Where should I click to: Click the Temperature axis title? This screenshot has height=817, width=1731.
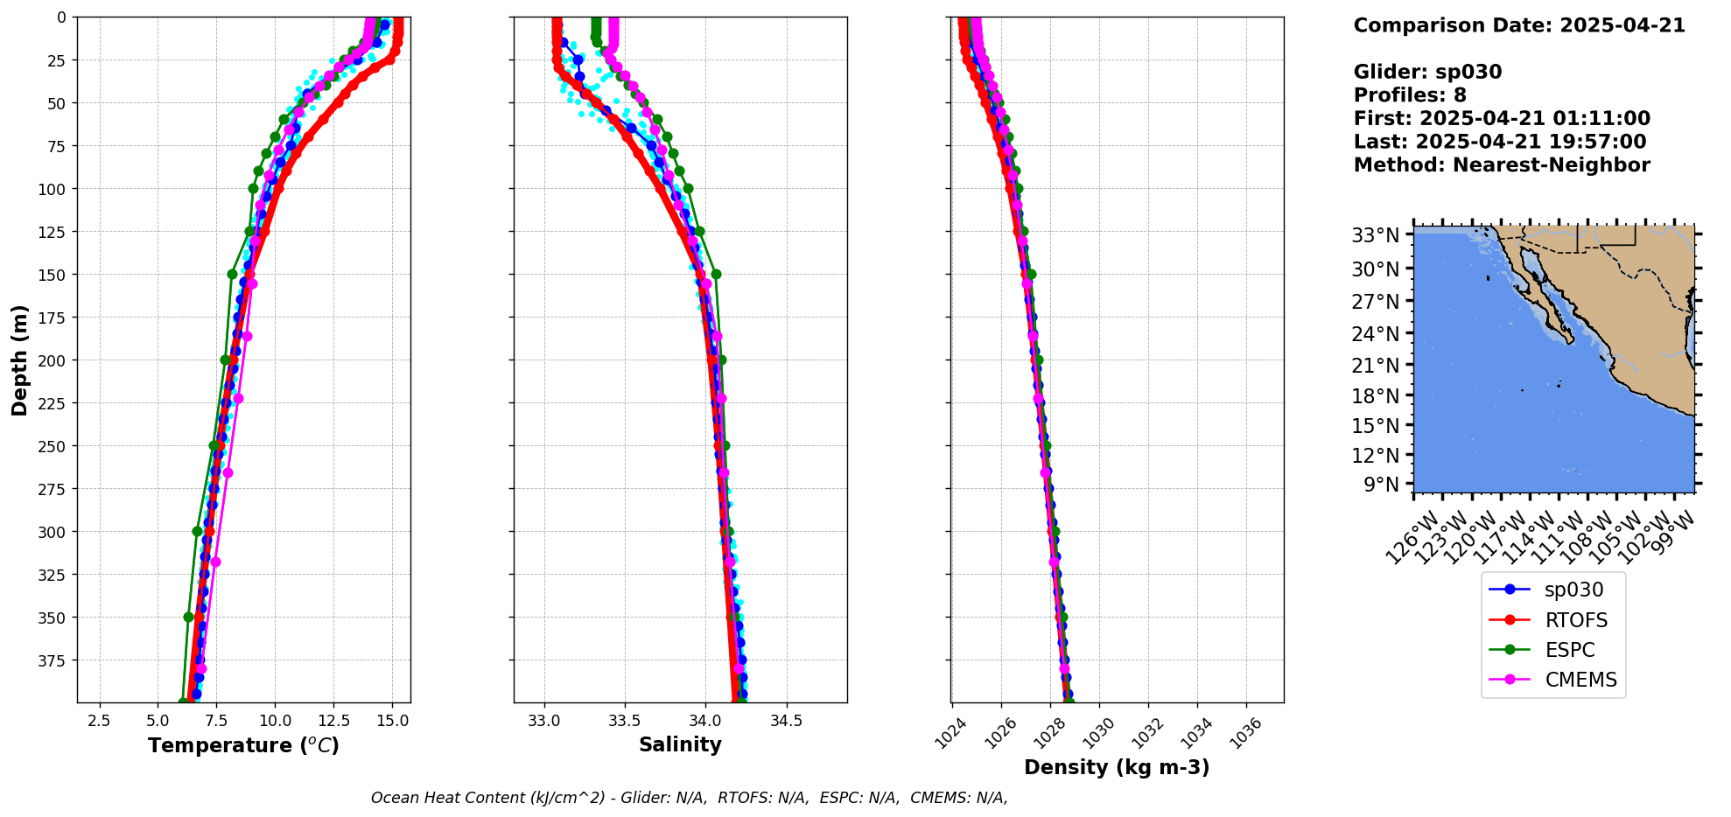pyautogui.click(x=243, y=745)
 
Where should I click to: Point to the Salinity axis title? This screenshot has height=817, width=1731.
pyautogui.click(x=680, y=744)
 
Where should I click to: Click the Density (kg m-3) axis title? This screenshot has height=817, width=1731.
pyautogui.click(x=1117, y=767)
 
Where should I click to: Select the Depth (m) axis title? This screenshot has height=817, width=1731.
pyautogui.click(x=20, y=360)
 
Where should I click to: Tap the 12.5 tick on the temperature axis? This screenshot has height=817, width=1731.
pyautogui.click(x=333, y=720)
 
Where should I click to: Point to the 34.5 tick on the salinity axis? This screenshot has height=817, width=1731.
pyautogui.click(x=786, y=720)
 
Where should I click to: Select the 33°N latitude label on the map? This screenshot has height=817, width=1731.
pyautogui.click(x=1376, y=234)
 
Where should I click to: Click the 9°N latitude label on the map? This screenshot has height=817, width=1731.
pyautogui.click(x=1381, y=484)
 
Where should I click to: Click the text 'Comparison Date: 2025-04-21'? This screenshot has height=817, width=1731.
pyautogui.click(x=1519, y=25)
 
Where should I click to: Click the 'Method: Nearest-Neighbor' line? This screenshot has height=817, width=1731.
pyautogui.click(x=1502, y=165)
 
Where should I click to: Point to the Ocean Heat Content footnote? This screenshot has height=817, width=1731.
pyautogui.click(x=689, y=798)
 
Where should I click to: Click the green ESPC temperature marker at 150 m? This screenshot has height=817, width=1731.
pyautogui.click(x=232, y=274)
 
